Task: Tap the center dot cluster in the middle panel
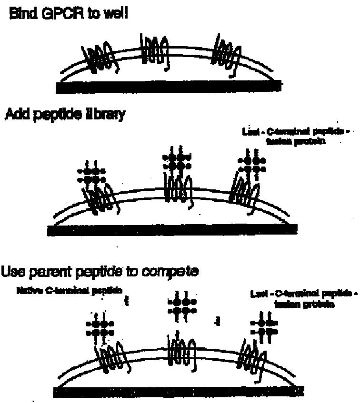177,161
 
